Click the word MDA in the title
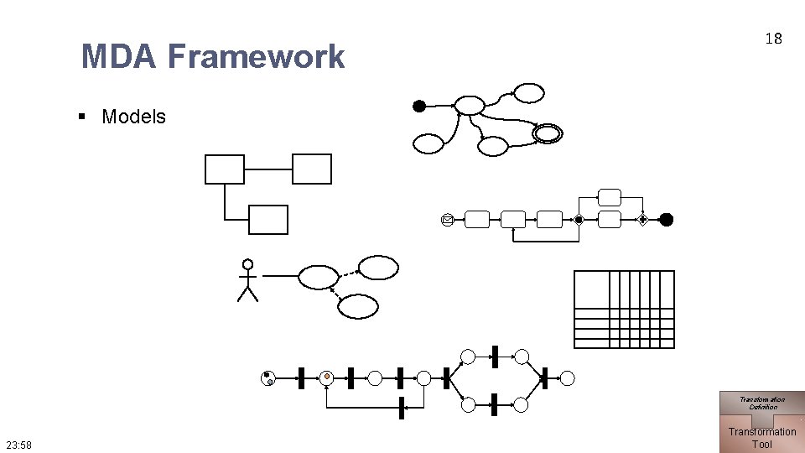(118, 57)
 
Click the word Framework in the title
(256, 57)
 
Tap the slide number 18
(773, 39)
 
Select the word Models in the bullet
(133, 117)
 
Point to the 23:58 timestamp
(18, 445)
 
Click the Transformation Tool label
(761, 438)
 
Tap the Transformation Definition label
(762, 403)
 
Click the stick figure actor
(247, 280)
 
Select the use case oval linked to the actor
(319, 277)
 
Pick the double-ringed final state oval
(548, 133)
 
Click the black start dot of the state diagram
(419, 106)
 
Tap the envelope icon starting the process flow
(448, 220)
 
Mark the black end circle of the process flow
(666, 220)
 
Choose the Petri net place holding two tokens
(267, 378)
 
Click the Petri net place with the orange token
(327, 377)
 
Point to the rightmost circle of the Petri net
(568, 378)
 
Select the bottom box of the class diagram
(268, 220)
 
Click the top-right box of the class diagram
(312, 169)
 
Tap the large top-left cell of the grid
(591, 289)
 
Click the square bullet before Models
(82, 117)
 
